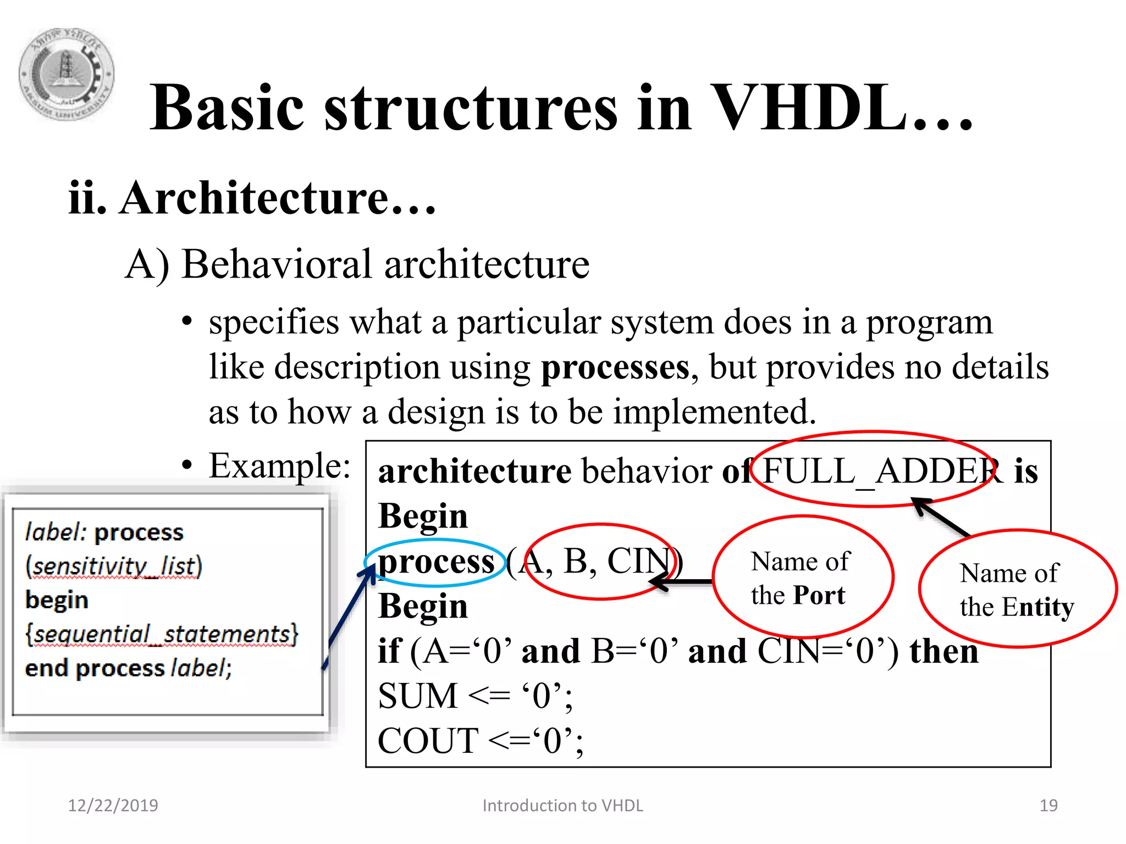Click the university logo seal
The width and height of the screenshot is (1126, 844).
(x=67, y=74)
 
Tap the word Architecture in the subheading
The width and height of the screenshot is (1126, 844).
(x=255, y=198)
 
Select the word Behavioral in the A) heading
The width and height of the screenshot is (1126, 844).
(x=277, y=265)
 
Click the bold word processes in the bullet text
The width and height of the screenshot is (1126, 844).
(x=615, y=367)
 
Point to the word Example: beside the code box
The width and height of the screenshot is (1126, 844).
(x=279, y=466)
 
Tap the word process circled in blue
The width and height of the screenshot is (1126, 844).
(x=436, y=562)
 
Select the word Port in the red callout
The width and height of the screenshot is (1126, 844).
(x=819, y=596)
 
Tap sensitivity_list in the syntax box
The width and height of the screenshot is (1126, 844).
(x=114, y=566)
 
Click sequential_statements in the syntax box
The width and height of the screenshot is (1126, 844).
(x=162, y=634)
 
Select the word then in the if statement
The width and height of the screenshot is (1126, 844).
(x=943, y=652)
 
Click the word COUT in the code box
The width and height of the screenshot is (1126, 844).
(x=428, y=741)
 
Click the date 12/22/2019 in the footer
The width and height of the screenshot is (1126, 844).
(x=113, y=806)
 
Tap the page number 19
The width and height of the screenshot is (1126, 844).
(x=1048, y=806)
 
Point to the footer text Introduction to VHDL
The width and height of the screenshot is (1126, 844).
(x=562, y=806)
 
